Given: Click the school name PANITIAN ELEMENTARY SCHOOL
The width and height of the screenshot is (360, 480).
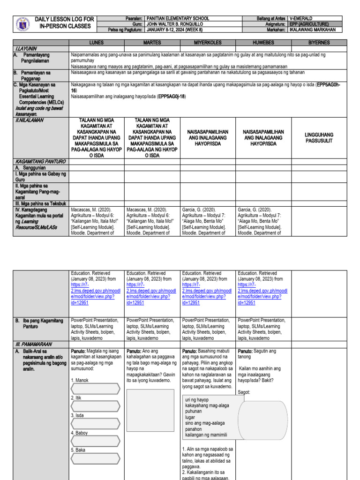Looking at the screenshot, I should [x=178, y=18].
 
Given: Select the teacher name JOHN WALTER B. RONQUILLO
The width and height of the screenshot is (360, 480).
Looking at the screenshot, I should [x=175, y=24].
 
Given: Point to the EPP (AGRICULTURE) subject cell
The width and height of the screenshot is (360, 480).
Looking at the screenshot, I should [x=309, y=24].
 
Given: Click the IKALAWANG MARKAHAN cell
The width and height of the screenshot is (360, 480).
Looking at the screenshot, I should [x=313, y=30].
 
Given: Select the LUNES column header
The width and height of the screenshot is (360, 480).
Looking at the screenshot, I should [x=97, y=43].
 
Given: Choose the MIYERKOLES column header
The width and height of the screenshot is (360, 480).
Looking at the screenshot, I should [x=208, y=43].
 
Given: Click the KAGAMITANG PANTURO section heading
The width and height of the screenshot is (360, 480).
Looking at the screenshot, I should [x=39, y=161].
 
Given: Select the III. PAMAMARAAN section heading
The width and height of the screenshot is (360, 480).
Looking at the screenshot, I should [x=31, y=344].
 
